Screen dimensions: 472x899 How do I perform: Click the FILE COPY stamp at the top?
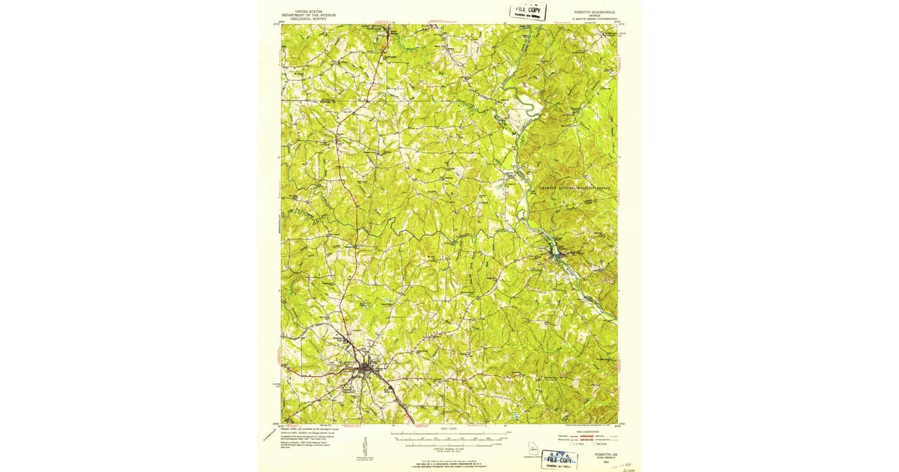529,11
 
